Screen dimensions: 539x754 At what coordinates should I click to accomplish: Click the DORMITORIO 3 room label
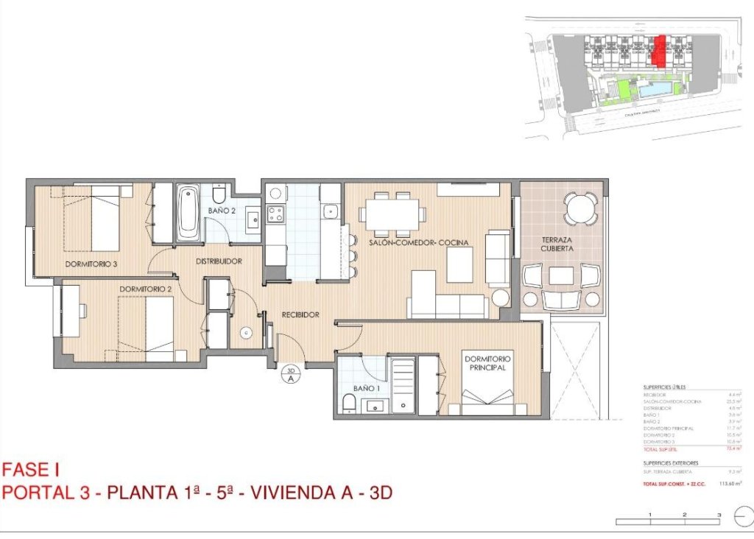pos(91,263)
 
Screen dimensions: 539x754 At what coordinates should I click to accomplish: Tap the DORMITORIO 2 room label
pos(145,289)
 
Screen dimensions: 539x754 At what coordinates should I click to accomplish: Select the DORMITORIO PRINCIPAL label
pos(488,363)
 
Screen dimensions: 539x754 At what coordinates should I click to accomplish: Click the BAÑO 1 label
pos(366,387)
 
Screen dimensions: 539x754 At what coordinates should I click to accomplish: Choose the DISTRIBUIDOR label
pos(219,261)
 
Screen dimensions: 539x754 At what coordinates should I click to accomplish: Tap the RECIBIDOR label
pos(300,314)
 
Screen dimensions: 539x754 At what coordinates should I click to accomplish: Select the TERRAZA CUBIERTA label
pos(561,244)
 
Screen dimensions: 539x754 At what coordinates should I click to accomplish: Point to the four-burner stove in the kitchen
pos(275,214)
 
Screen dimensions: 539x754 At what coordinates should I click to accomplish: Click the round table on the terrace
pos(582,208)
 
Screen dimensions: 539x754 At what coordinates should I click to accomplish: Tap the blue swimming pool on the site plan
pos(655,90)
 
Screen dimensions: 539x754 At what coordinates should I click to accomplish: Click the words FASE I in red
pos(30,469)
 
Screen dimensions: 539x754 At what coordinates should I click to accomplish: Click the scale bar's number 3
pos(719,515)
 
